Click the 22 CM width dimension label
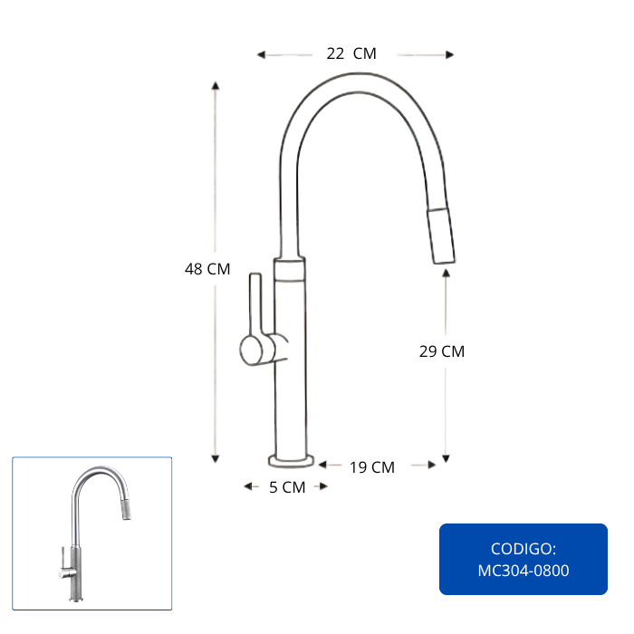351,53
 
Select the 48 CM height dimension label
207,269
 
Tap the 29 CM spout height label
442,351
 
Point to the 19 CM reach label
372,467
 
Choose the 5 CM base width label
287,487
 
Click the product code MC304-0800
524,571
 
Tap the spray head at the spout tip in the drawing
441,236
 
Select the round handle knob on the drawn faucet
252,351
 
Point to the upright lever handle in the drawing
255,304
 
